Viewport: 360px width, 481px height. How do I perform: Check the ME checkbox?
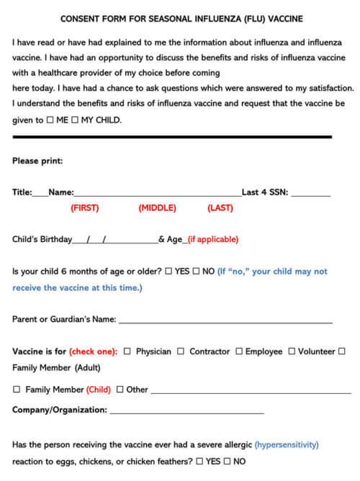(50, 120)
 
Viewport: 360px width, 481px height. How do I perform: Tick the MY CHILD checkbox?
(74, 120)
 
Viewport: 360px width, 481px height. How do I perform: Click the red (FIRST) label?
(84, 208)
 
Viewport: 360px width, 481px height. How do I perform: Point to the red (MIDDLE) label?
(157, 208)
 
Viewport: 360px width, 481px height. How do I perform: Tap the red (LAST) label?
(220, 208)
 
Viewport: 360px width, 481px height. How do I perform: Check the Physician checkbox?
(127, 351)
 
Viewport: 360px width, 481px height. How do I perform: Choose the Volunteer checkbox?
(292, 351)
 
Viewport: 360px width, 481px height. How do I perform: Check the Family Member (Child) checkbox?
(17, 390)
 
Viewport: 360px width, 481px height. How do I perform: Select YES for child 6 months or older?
(168, 271)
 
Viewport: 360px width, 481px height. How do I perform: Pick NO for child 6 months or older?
(197, 271)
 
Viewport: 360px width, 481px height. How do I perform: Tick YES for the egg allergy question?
(199, 461)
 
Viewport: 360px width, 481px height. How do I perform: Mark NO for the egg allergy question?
(228, 461)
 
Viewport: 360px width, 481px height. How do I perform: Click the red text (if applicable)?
(212, 240)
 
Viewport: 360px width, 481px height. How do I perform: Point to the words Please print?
(37, 161)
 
